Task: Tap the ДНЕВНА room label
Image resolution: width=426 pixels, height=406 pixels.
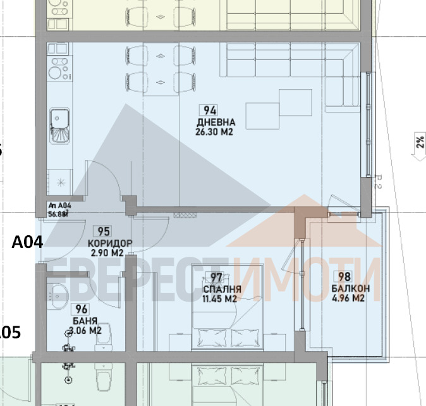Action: pos(216,122)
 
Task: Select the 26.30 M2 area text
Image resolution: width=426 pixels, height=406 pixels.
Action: pos(216,132)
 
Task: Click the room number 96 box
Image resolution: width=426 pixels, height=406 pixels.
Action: pos(81,309)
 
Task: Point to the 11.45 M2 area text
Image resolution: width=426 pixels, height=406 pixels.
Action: pos(219,298)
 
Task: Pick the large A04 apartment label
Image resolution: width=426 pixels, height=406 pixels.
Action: pos(27,240)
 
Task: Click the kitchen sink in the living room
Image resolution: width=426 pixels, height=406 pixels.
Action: pos(60,118)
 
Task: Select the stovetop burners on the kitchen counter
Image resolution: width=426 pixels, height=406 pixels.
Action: pos(59,63)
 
